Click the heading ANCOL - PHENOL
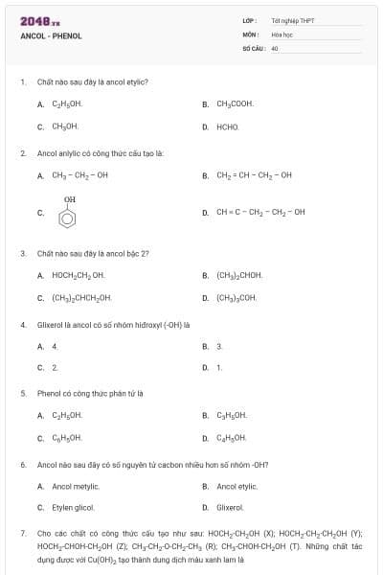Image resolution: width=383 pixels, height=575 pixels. [51, 35]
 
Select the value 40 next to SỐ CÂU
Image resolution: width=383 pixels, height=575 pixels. [275, 47]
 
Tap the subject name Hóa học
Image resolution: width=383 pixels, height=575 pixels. [282, 34]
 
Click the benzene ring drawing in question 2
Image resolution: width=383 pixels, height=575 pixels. [68, 217]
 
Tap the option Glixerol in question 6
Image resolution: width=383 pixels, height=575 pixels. [230, 507]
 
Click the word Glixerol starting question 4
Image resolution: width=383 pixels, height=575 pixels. [49, 324]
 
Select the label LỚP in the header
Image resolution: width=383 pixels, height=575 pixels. [250, 20]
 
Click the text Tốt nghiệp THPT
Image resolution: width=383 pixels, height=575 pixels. [292, 20]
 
